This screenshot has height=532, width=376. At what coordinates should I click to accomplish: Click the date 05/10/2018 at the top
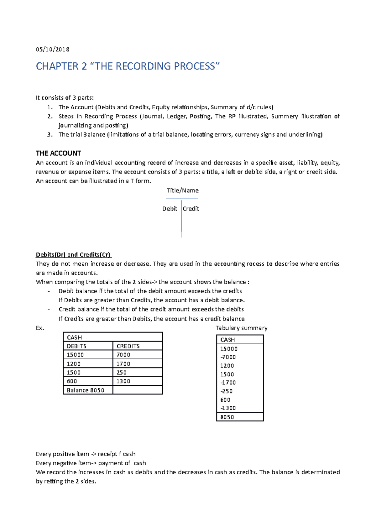pyautogui.click(x=52, y=50)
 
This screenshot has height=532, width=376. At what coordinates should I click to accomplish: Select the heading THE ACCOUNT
pyautogui.click(x=58, y=153)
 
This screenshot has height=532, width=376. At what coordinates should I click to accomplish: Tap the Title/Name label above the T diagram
pyautogui.click(x=182, y=190)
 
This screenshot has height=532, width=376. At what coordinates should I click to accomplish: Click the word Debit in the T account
pyautogui.click(x=170, y=209)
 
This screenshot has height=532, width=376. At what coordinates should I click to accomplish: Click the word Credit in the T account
pyautogui.click(x=191, y=209)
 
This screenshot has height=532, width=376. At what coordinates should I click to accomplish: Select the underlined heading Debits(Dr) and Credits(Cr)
pyautogui.click(x=73, y=254)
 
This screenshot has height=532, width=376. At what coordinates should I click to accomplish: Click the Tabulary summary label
pyautogui.click(x=241, y=328)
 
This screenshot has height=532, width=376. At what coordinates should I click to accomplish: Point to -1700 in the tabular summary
pyautogui.click(x=228, y=383)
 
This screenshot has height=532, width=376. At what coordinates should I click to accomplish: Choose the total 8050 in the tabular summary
pyautogui.click(x=227, y=417)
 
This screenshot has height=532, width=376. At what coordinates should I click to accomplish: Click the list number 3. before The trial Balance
pyautogui.click(x=50, y=135)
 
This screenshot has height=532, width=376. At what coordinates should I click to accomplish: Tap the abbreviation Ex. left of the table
pyautogui.click(x=40, y=328)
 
